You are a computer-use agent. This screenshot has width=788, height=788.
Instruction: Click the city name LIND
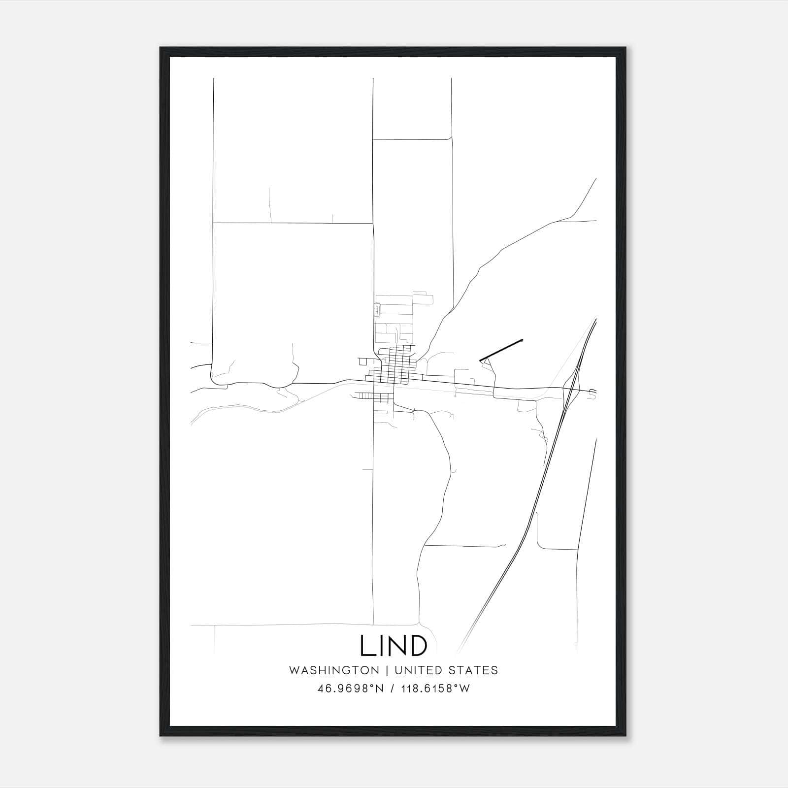tap(394, 646)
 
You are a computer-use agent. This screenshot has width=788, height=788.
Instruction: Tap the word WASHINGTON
tap(334, 670)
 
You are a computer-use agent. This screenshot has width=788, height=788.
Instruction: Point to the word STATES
tap(473, 670)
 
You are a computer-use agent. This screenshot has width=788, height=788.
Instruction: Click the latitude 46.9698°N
tap(351, 689)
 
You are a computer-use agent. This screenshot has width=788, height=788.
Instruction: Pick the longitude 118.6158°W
tap(434, 689)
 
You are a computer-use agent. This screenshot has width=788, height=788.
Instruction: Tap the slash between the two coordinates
tap(392, 689)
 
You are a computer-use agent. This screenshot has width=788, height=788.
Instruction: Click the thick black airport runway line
tap(501, 350)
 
